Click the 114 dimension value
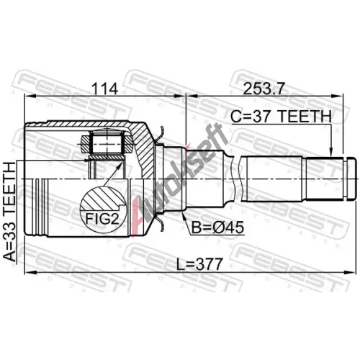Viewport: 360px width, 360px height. (105, 89)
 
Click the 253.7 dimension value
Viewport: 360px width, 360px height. (264, 89)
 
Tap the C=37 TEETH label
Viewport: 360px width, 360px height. (281, 117)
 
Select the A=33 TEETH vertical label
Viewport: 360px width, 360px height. (10, 212)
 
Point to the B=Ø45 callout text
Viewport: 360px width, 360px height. (217, 227)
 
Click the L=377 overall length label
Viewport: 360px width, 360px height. (199, 264)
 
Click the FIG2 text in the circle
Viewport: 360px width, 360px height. (102, 218)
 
